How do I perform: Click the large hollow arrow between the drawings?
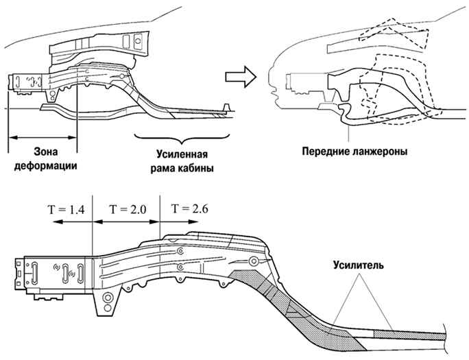coord(241,77)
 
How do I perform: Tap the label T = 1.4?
coord(66,210)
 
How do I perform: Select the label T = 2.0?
coord(128,209)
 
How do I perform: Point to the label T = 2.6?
coord(189,208)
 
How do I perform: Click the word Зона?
coord(45,152)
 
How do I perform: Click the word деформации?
coord(45,166)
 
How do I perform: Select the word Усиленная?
coord(182,154)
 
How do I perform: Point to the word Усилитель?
coord(359,265)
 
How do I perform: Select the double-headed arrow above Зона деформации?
coord(43,138)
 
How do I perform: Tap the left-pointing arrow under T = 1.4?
coord(73,221)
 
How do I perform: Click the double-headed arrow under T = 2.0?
coord(126,221)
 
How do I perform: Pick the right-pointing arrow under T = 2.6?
coord(179,221)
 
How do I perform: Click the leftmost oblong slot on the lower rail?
coord(34,273)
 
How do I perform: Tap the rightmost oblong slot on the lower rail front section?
coord(80,273)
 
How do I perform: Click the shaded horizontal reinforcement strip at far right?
coord(409,334)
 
